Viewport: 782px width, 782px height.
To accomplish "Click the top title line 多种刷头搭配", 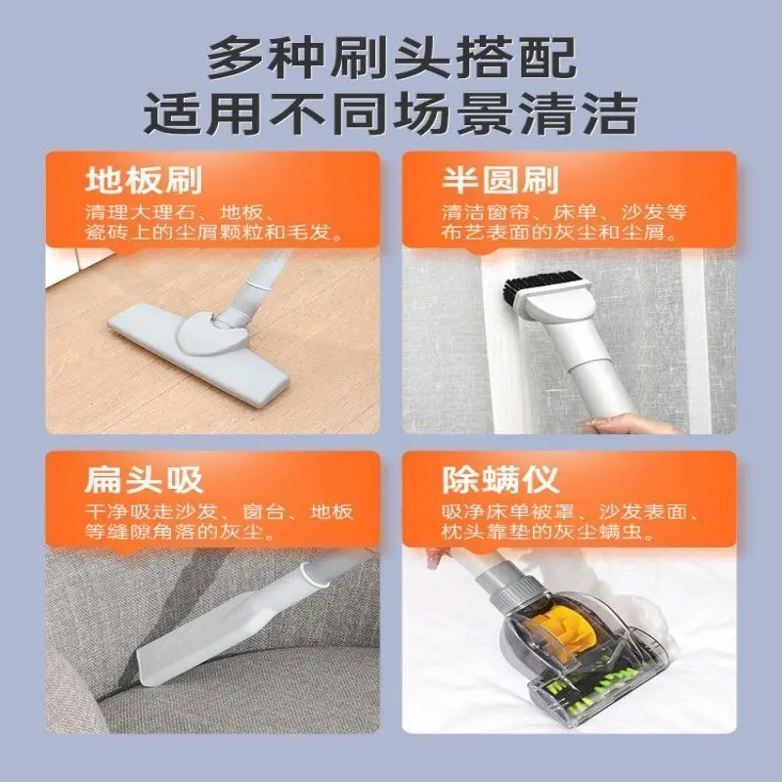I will [x=391, y=61].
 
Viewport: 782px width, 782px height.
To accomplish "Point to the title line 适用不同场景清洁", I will [x=391, y=114].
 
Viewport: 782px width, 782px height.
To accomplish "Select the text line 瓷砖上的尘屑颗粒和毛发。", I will [x=213, y=235].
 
